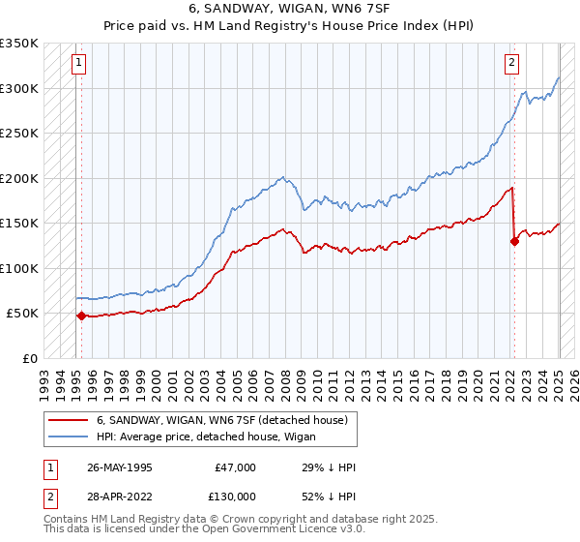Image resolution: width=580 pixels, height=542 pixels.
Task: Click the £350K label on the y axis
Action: pyautogui.click(x=19, y=44)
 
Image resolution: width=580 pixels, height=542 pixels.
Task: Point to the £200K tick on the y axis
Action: pyautogui.click(x=19, y=178)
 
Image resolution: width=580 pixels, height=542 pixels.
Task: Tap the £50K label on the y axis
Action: pyautogui.click(x=23, y=314)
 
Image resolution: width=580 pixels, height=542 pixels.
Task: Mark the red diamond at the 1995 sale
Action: pyautogui.click(x=81, y=316)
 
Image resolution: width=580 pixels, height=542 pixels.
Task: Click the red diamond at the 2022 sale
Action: pyautogui.click(x=514, y=241)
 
